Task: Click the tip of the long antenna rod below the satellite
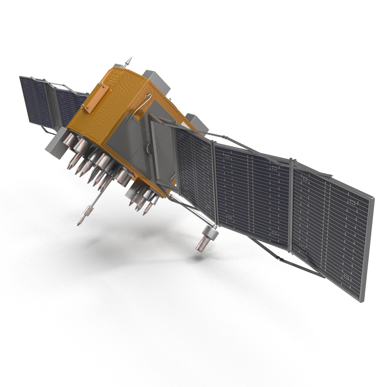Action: (x=79, y=223)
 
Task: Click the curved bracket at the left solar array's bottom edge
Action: (x=48, y=131)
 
